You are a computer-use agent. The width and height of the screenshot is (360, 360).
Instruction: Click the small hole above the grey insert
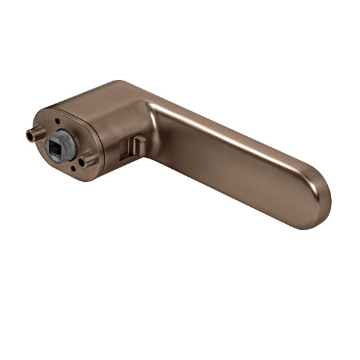pyautogui.click(x=58, y=122)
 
